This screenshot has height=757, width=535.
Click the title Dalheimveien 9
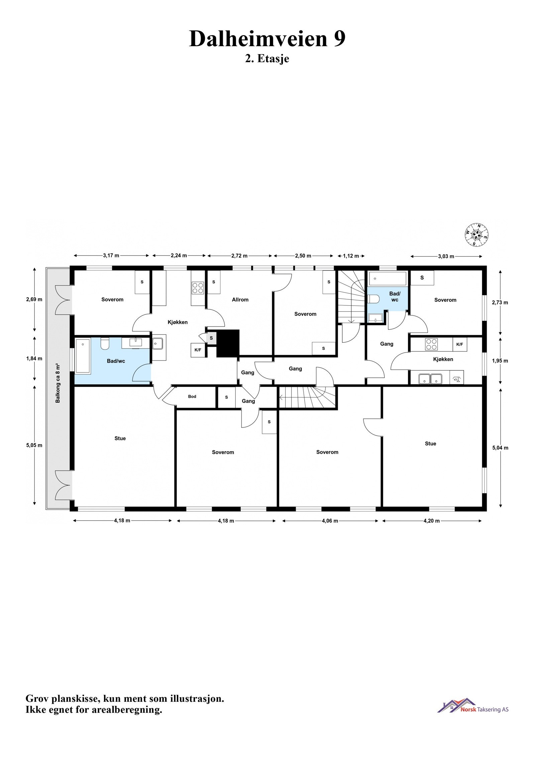point(267,39)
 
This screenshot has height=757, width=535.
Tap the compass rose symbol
point(476,235)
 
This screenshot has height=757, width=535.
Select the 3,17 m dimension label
point(111,256)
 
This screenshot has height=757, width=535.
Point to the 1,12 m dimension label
point(351,256)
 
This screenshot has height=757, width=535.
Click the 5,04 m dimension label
point(500,448)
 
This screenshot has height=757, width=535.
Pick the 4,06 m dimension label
point(330,521)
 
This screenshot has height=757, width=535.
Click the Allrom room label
point(240,300)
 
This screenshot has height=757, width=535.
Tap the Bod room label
point(192,396)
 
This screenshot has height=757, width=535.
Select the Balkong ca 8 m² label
point(58,383)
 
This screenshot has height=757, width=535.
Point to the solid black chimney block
point(228,343)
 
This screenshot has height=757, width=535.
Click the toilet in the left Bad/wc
point(105,344)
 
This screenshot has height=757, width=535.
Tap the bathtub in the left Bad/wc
point(83,356)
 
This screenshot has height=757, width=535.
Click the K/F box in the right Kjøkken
point(460,345)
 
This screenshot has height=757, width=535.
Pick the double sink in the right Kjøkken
point(431,379)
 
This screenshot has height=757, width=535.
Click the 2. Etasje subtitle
point(267,59)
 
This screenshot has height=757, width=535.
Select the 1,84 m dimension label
point(34,359)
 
